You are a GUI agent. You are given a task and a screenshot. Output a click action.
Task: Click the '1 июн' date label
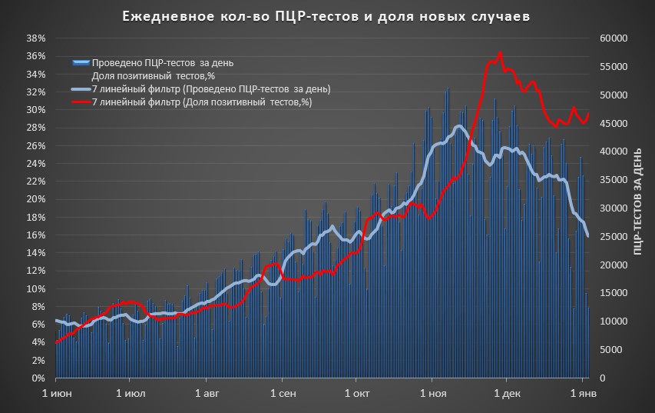point(56,394)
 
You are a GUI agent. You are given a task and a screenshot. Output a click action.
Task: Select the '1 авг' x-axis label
point(207,394)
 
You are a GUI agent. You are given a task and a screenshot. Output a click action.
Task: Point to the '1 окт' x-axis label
point(357,394)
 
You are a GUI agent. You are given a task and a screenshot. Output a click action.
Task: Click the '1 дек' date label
point(507,394)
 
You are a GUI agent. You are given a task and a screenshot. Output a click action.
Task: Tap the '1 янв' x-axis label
point(581,394)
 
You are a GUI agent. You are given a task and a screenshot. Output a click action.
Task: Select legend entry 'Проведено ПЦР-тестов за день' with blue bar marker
point(161,62)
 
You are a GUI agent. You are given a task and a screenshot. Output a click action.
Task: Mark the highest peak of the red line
point(500,53)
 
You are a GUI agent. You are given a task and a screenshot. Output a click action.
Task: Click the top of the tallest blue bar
point(448,89)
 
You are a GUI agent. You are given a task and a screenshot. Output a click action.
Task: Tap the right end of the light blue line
point(587,235)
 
